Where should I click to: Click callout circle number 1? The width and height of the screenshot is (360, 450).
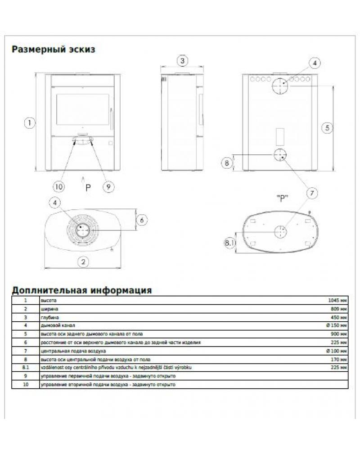coord(29,122)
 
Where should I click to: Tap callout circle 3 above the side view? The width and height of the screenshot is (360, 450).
coord(182,60)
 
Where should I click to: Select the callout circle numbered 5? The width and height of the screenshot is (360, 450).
coord(328,128)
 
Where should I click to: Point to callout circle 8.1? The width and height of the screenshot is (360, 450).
coord(230,243)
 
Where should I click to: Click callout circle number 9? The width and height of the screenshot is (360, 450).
coord(107,185)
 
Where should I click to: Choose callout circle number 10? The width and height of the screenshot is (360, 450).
coord(58,185)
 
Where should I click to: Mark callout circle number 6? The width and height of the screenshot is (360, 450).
coord(141,220)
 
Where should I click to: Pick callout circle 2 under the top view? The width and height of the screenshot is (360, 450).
coord(83,261)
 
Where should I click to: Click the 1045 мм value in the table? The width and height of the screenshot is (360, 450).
coord(338,300)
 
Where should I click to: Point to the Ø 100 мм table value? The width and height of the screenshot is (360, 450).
coord(337,351)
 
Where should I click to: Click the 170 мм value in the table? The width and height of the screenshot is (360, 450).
coord(339,360)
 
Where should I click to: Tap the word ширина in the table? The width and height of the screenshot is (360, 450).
coord(49,309)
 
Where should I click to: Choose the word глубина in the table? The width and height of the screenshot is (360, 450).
coord(49,317)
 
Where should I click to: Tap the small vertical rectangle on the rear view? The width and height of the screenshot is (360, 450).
coord(280,134)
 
